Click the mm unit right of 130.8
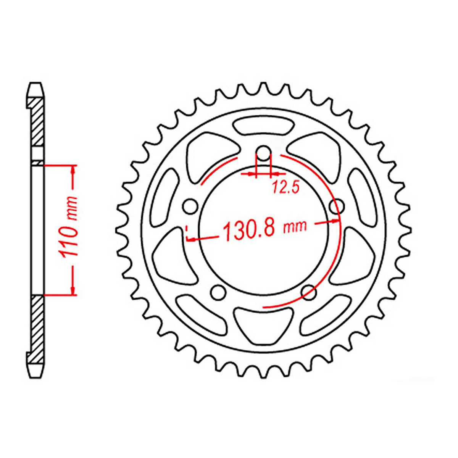[x=295, y=227]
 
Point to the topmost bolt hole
[x=263, y=153]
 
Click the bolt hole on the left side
[x=190, y=206]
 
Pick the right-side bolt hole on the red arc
[x=336, y=206]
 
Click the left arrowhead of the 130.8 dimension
[x=191, y=239]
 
